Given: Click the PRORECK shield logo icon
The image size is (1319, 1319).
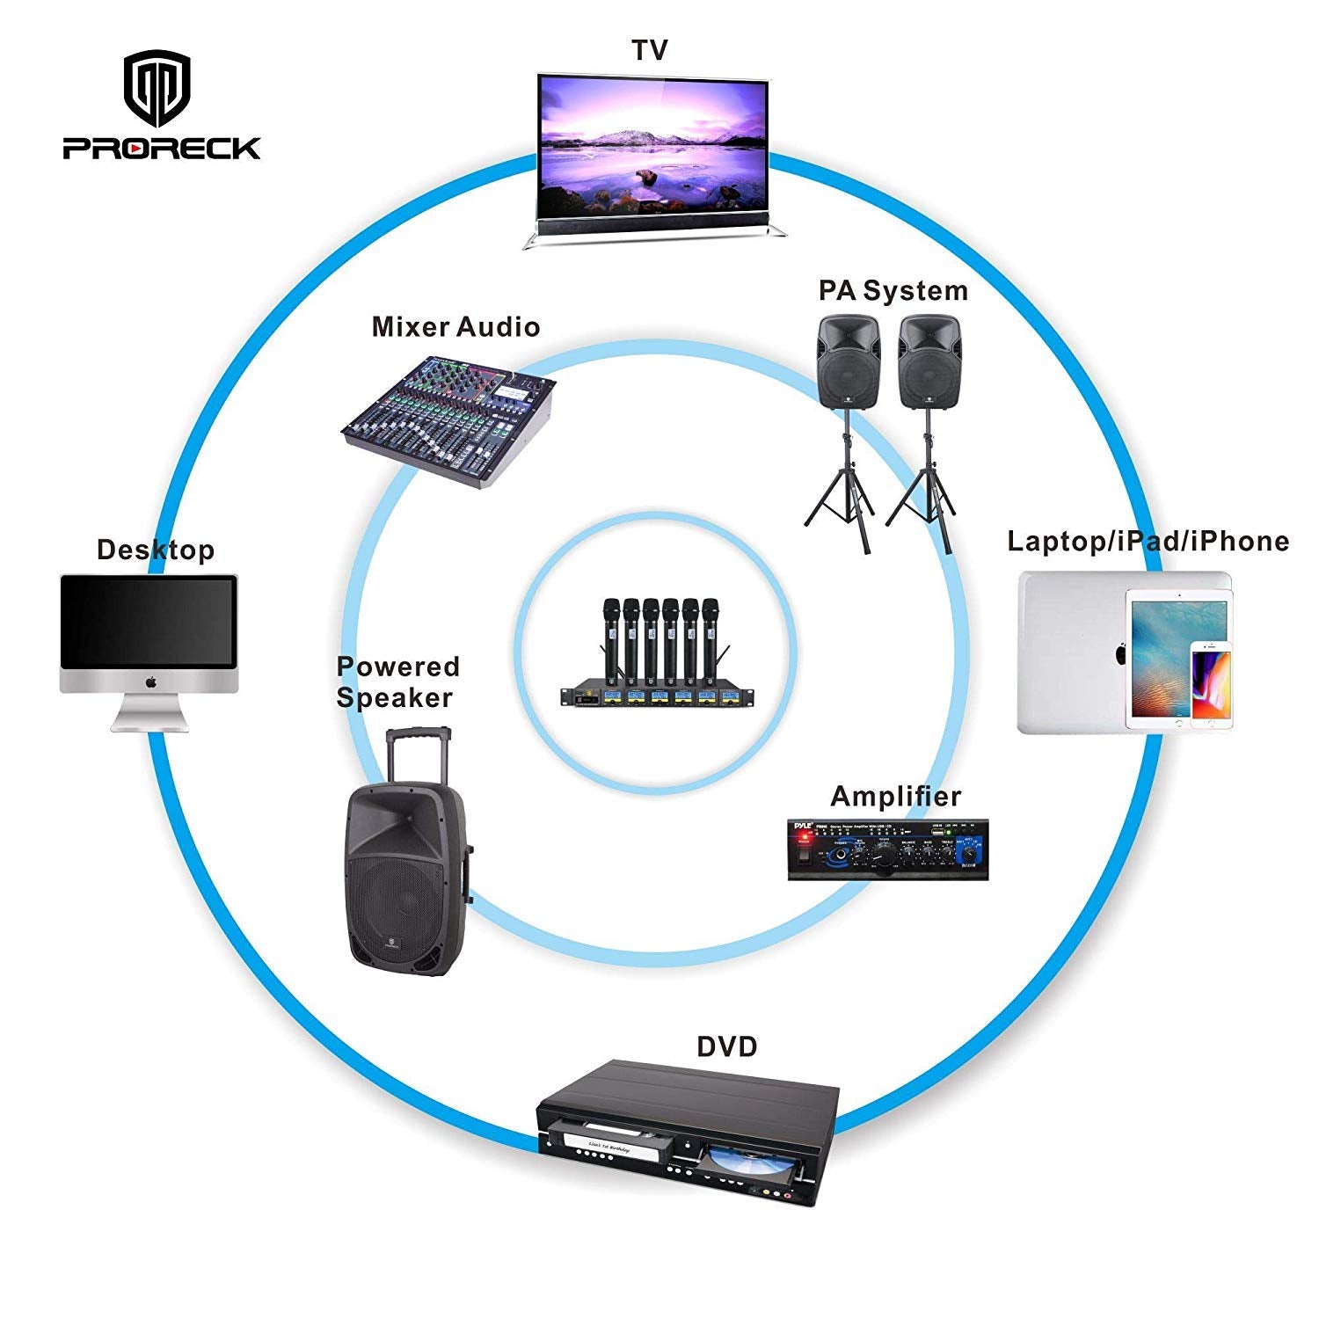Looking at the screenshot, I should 157,88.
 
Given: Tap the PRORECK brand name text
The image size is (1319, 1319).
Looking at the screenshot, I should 162,148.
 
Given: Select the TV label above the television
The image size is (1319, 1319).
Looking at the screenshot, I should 650,50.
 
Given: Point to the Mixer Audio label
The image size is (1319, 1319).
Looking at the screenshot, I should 455,327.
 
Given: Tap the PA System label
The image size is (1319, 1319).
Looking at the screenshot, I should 893,290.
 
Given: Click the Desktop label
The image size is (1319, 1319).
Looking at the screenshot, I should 156,550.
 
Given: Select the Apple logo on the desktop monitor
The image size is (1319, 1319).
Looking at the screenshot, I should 150,681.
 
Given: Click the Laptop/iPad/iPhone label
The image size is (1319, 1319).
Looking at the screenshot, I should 1148,541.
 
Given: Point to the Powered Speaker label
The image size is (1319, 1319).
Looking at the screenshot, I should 397,681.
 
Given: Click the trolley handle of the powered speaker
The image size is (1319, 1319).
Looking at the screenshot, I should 419,747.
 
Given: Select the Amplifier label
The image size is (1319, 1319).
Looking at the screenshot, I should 895,797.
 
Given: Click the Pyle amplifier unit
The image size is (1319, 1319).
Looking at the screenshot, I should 887,849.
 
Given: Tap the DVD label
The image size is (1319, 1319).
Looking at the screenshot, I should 726,1047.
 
